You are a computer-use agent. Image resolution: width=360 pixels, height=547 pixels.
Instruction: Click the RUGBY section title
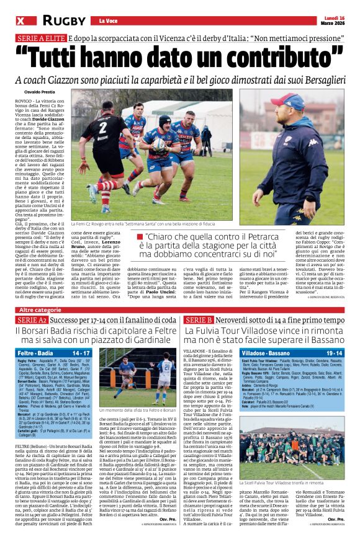pyautogui.click(x=64, y=21)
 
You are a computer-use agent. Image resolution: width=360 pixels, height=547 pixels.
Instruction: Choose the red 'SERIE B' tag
pyautogui.click(x=199, y=319)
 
